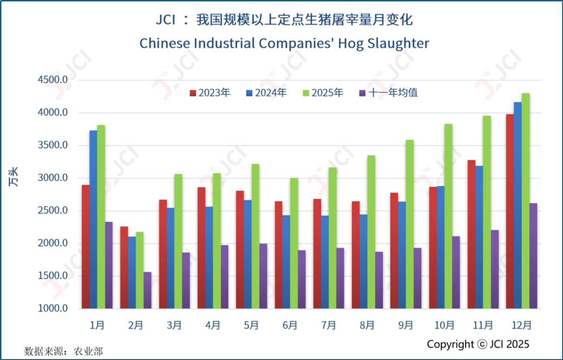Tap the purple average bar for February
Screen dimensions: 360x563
click(147, 290)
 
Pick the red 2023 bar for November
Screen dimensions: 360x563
click(471, 234)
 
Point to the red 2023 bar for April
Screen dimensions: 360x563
click(201, 248)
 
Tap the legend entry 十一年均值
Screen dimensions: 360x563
click(388, 93)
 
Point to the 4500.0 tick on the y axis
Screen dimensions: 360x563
click(53, 80)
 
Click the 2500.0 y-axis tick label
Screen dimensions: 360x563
click(53, 211)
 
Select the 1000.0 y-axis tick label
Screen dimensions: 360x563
click(53, 309)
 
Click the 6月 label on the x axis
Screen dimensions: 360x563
click(290, 325)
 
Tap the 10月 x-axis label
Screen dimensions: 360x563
click(444, 325)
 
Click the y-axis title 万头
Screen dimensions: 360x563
click(14, 178)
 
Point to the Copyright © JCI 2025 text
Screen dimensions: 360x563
click(478, 344)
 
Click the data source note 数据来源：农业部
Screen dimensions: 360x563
click(63, 351)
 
